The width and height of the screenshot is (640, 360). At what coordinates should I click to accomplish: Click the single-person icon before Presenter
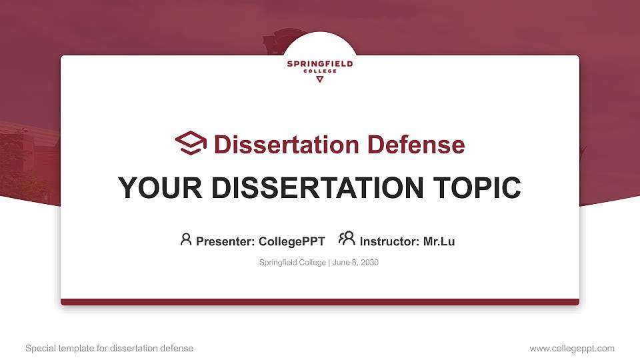(x=186, y=239)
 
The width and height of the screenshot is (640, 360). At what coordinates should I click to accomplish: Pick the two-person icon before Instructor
(x=347, y=239)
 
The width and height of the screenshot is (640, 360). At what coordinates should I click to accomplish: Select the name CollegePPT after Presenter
(x=291, y=241)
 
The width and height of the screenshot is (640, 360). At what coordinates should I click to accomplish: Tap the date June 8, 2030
(x=355, y=263)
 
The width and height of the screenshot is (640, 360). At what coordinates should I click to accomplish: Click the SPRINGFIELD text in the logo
(x=320, y=64)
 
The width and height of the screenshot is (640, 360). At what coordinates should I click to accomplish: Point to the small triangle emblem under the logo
(x=320, y=79)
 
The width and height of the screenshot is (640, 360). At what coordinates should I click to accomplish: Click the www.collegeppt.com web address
(x=572, y=348)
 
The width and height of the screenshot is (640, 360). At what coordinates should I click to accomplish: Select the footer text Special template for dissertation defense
(x=109, y=348)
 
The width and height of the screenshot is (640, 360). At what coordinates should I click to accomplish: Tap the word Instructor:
(x=390, y=241)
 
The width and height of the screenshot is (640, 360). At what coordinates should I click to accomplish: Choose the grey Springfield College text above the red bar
(x=292, y=263)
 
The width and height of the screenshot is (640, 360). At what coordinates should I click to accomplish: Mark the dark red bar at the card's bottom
(x=320, y=302)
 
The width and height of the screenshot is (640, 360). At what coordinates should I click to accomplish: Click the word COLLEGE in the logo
(x=320, y=71)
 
